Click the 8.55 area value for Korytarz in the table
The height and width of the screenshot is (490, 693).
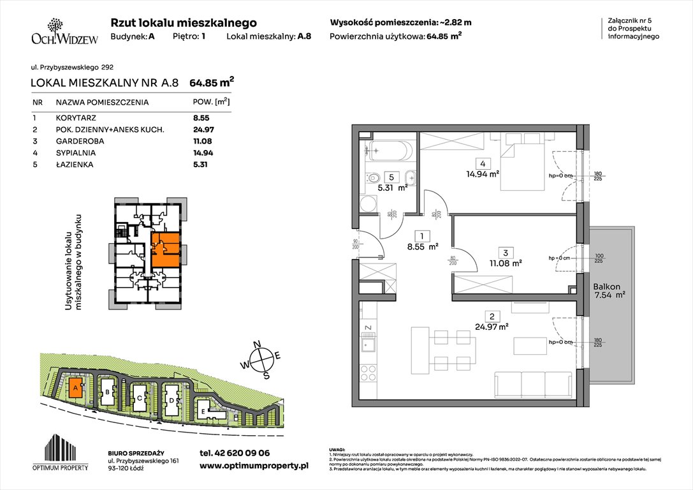[201, 118]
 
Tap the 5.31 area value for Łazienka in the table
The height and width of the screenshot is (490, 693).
[200, 165]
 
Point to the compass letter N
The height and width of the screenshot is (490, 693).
[258, 345]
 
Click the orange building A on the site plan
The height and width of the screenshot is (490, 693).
[75, 387]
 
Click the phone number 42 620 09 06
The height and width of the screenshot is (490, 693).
[235, 452]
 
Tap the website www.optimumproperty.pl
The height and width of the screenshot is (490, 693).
[254, 466]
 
